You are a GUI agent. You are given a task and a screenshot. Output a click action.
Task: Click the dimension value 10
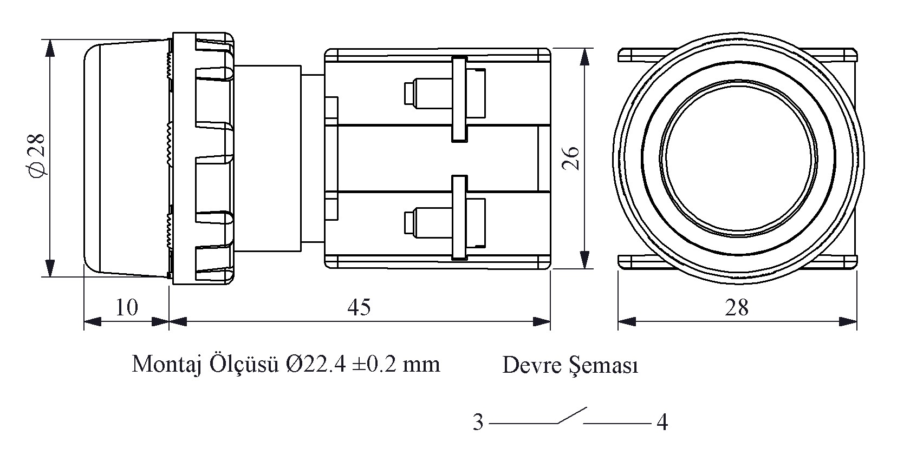[x=127, y=307]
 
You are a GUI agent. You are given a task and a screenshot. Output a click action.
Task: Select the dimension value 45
[x=359, y=307]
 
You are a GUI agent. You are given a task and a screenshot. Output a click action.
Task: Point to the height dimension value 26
[x=572, y=157]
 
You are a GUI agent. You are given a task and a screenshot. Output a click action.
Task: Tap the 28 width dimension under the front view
[x=736, y=308]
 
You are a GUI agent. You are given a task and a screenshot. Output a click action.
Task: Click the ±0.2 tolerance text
[x=374, y=365]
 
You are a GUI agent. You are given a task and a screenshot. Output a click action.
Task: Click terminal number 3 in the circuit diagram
[x=478, y=423]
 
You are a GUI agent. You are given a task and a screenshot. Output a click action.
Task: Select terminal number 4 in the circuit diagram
[x=662, y=422]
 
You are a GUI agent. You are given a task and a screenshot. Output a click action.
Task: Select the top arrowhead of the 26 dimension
[x=584, y=57]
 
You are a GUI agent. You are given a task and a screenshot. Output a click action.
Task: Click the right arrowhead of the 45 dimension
[x=542, y=321]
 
